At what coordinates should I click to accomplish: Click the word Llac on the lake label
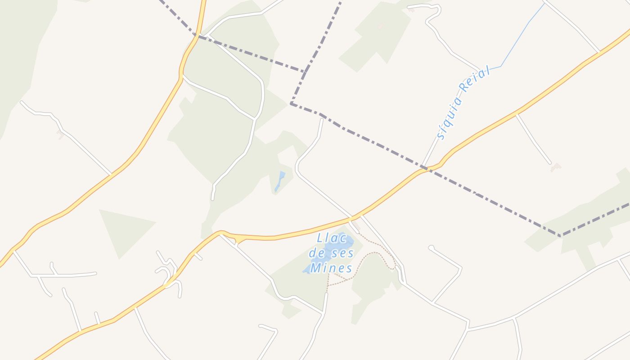coord(332,238)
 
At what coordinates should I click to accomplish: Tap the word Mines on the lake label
coord(332,269)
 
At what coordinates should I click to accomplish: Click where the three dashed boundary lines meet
coord(306,71)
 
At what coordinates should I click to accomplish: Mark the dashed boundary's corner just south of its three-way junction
coord(292,104)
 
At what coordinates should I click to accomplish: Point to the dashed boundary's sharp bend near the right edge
coord(561,235)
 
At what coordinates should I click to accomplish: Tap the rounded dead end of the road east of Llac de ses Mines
coord(431,247)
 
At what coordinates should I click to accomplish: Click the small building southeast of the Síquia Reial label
coord(556,168)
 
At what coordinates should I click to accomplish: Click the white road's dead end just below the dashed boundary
coord(322,119)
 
